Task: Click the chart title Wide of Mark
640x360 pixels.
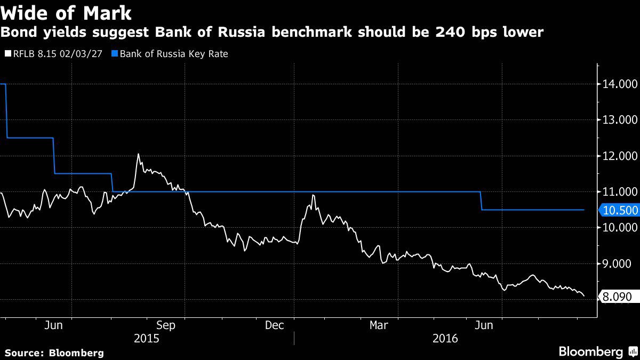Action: pos(67,12)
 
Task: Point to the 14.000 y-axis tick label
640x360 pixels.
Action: pos(617,84)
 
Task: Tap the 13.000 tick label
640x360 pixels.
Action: pos(617,120)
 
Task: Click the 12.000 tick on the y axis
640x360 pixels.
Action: pos(617,156)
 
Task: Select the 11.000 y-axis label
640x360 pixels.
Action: pos(617,192)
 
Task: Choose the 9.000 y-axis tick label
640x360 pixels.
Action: pos(617,264)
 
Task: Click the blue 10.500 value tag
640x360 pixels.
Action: pos(619,210)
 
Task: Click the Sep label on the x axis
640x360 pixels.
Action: pos(165,325)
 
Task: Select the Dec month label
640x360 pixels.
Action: pos(274,325)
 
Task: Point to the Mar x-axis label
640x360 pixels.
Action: pos(379,325)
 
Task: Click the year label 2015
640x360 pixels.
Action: pos(146,338)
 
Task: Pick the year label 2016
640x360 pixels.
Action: pos(445,338)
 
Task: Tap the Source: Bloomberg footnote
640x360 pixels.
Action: pos(54,353)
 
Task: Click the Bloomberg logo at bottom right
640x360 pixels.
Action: pos(597,352)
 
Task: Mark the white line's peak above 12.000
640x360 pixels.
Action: pos(138,154)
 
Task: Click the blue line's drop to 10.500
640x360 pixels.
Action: pos(482,201)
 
